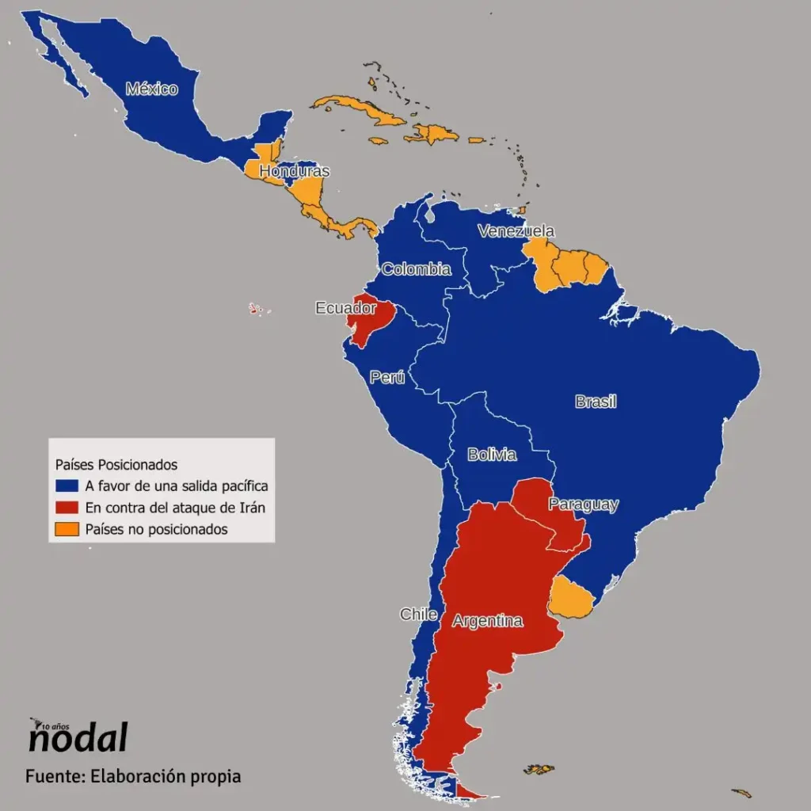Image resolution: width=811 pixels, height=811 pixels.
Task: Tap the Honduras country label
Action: point(294,171)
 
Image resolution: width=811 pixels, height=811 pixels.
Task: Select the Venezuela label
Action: point(516,231)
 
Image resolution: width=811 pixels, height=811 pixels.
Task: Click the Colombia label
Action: point(417,269)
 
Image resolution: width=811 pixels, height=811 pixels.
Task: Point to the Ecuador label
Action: point(345,308)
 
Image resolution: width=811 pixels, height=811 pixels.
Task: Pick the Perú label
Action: point(387,378)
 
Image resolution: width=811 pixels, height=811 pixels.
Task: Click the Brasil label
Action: point(596,402)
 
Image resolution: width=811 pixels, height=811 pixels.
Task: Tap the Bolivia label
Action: point(492,455)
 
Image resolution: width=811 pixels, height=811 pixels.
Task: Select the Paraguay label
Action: point(583,504)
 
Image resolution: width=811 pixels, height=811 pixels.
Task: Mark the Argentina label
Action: point(487,621)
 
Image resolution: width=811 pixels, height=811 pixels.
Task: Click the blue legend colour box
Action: point(67,485)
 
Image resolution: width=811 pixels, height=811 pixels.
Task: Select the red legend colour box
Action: point(67,508)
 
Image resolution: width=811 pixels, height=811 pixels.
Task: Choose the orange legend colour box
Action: point(67,529)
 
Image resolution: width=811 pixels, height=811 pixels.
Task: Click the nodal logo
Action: point(77,737)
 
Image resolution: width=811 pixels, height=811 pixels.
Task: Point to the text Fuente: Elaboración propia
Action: point(132,775)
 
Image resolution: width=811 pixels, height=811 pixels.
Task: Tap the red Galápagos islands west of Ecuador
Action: point(255,308)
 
